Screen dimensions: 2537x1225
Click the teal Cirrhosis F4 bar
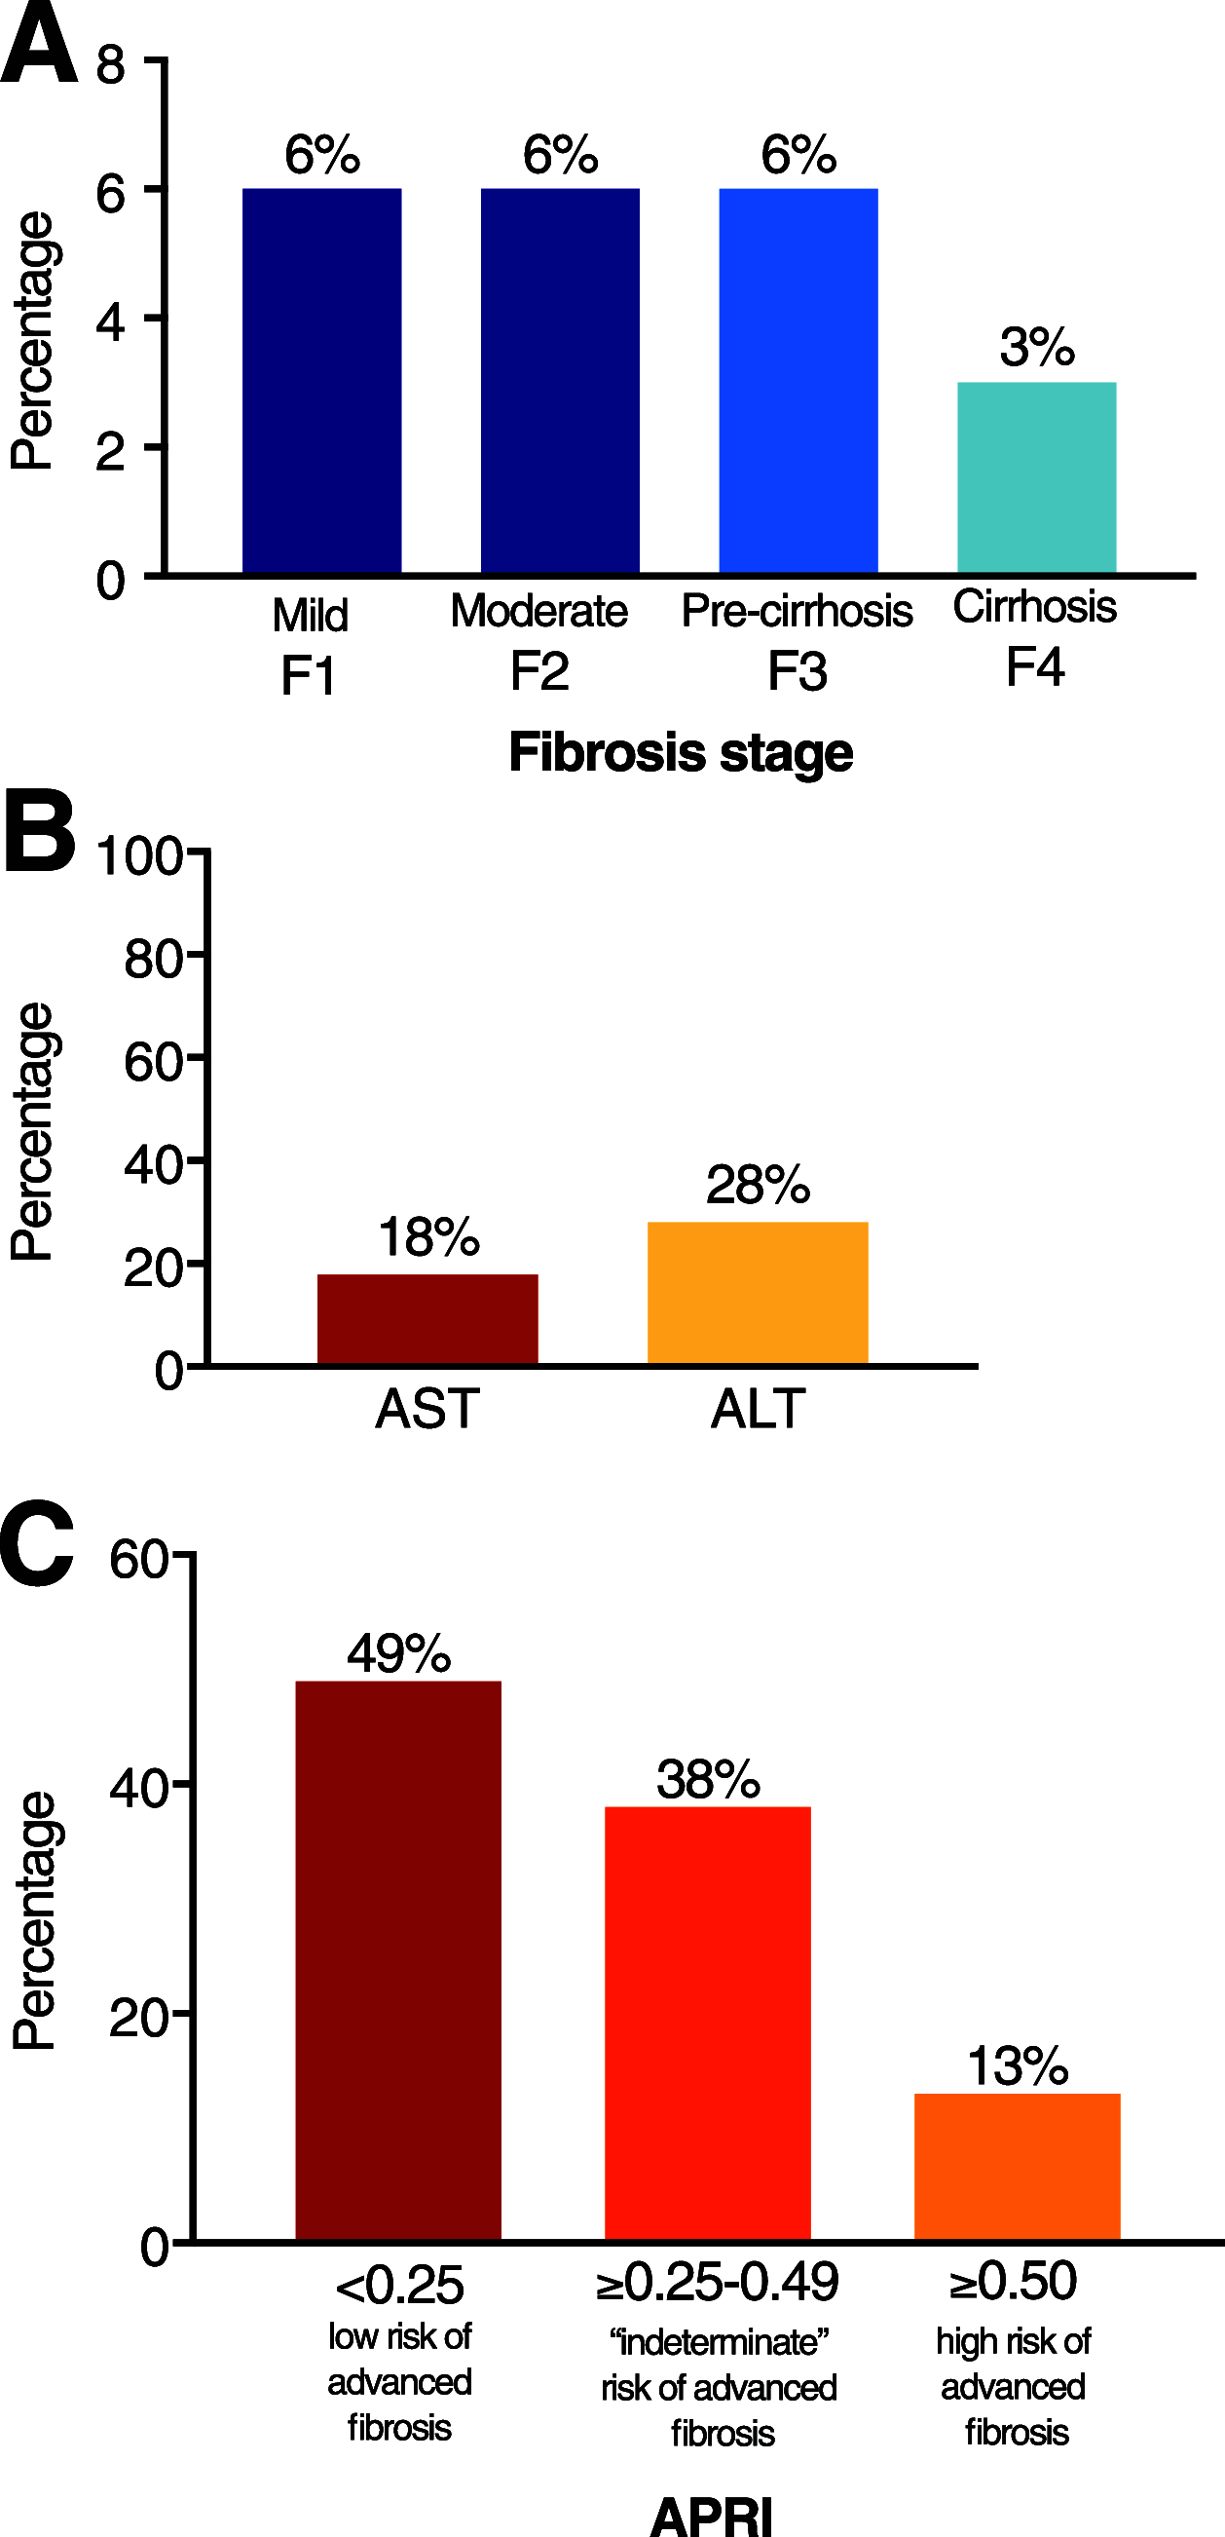(1036, 477)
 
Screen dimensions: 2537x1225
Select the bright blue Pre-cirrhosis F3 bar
(798, 381)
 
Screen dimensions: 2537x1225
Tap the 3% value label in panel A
(1036, 347)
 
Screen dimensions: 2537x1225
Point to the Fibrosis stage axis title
(680, 753)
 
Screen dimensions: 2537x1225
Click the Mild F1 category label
(310, 645)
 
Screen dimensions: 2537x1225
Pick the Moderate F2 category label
(538, 640)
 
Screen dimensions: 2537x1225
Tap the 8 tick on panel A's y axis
(110, 65)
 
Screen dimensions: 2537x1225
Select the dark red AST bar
(427, 1320)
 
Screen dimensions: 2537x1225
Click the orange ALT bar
(758, 1293)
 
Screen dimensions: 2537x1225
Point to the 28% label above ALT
(758, 1185)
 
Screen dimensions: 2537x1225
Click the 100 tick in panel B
(140, 855)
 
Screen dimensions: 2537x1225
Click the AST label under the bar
(427, 1409)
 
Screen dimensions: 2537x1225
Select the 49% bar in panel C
(398, 1960)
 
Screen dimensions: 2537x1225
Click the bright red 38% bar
(707, 2024)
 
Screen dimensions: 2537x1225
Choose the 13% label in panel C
(1017, 2066)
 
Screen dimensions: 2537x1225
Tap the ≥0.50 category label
(1014, 2282)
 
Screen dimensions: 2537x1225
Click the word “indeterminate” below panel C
(719, 2342)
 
